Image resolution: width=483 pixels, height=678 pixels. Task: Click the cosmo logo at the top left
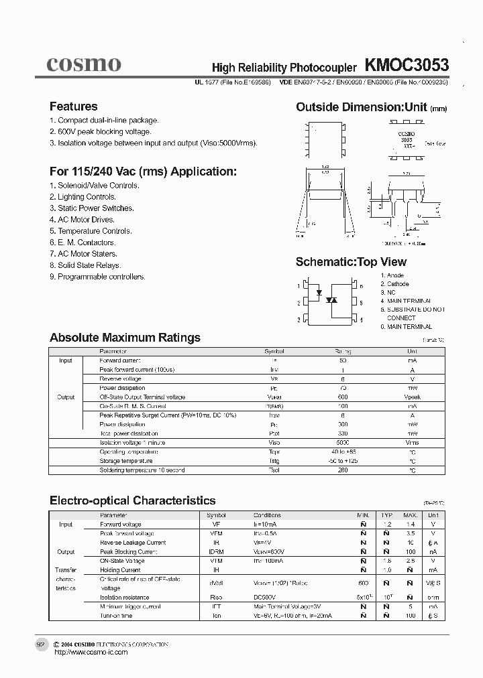[x=84, y=64]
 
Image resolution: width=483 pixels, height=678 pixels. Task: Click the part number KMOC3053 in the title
[x=407, y=65]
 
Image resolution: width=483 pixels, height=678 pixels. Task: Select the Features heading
[x=73, y=107]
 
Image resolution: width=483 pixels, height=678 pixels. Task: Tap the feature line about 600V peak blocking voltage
[x=100, y=132]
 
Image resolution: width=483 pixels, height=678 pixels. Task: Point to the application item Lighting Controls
[x=83, y=197]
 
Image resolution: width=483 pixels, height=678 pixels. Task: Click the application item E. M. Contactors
[x=83, y=243]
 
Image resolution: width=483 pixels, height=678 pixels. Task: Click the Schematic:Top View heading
[x=351, y=262]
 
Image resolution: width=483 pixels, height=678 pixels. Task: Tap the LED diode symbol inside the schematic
[x=319, y=292]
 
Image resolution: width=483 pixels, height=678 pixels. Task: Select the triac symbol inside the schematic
[x=331, y=300]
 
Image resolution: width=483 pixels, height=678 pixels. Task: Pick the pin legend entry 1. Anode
[x=392, y=275]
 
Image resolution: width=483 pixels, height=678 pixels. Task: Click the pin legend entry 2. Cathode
[x=394, y=284]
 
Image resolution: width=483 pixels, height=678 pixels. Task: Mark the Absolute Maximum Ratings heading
[x=125, y=338]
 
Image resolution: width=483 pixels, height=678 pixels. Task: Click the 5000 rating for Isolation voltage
[x=343, y=443]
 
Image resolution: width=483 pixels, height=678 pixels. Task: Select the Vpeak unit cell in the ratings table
[x=412, y=397]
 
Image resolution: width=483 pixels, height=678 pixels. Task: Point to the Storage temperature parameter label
[x=126, y=461]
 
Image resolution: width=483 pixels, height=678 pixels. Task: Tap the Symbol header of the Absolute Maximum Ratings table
[x=274, y=351]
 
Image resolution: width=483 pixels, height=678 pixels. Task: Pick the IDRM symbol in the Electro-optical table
[x=217, y=552]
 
